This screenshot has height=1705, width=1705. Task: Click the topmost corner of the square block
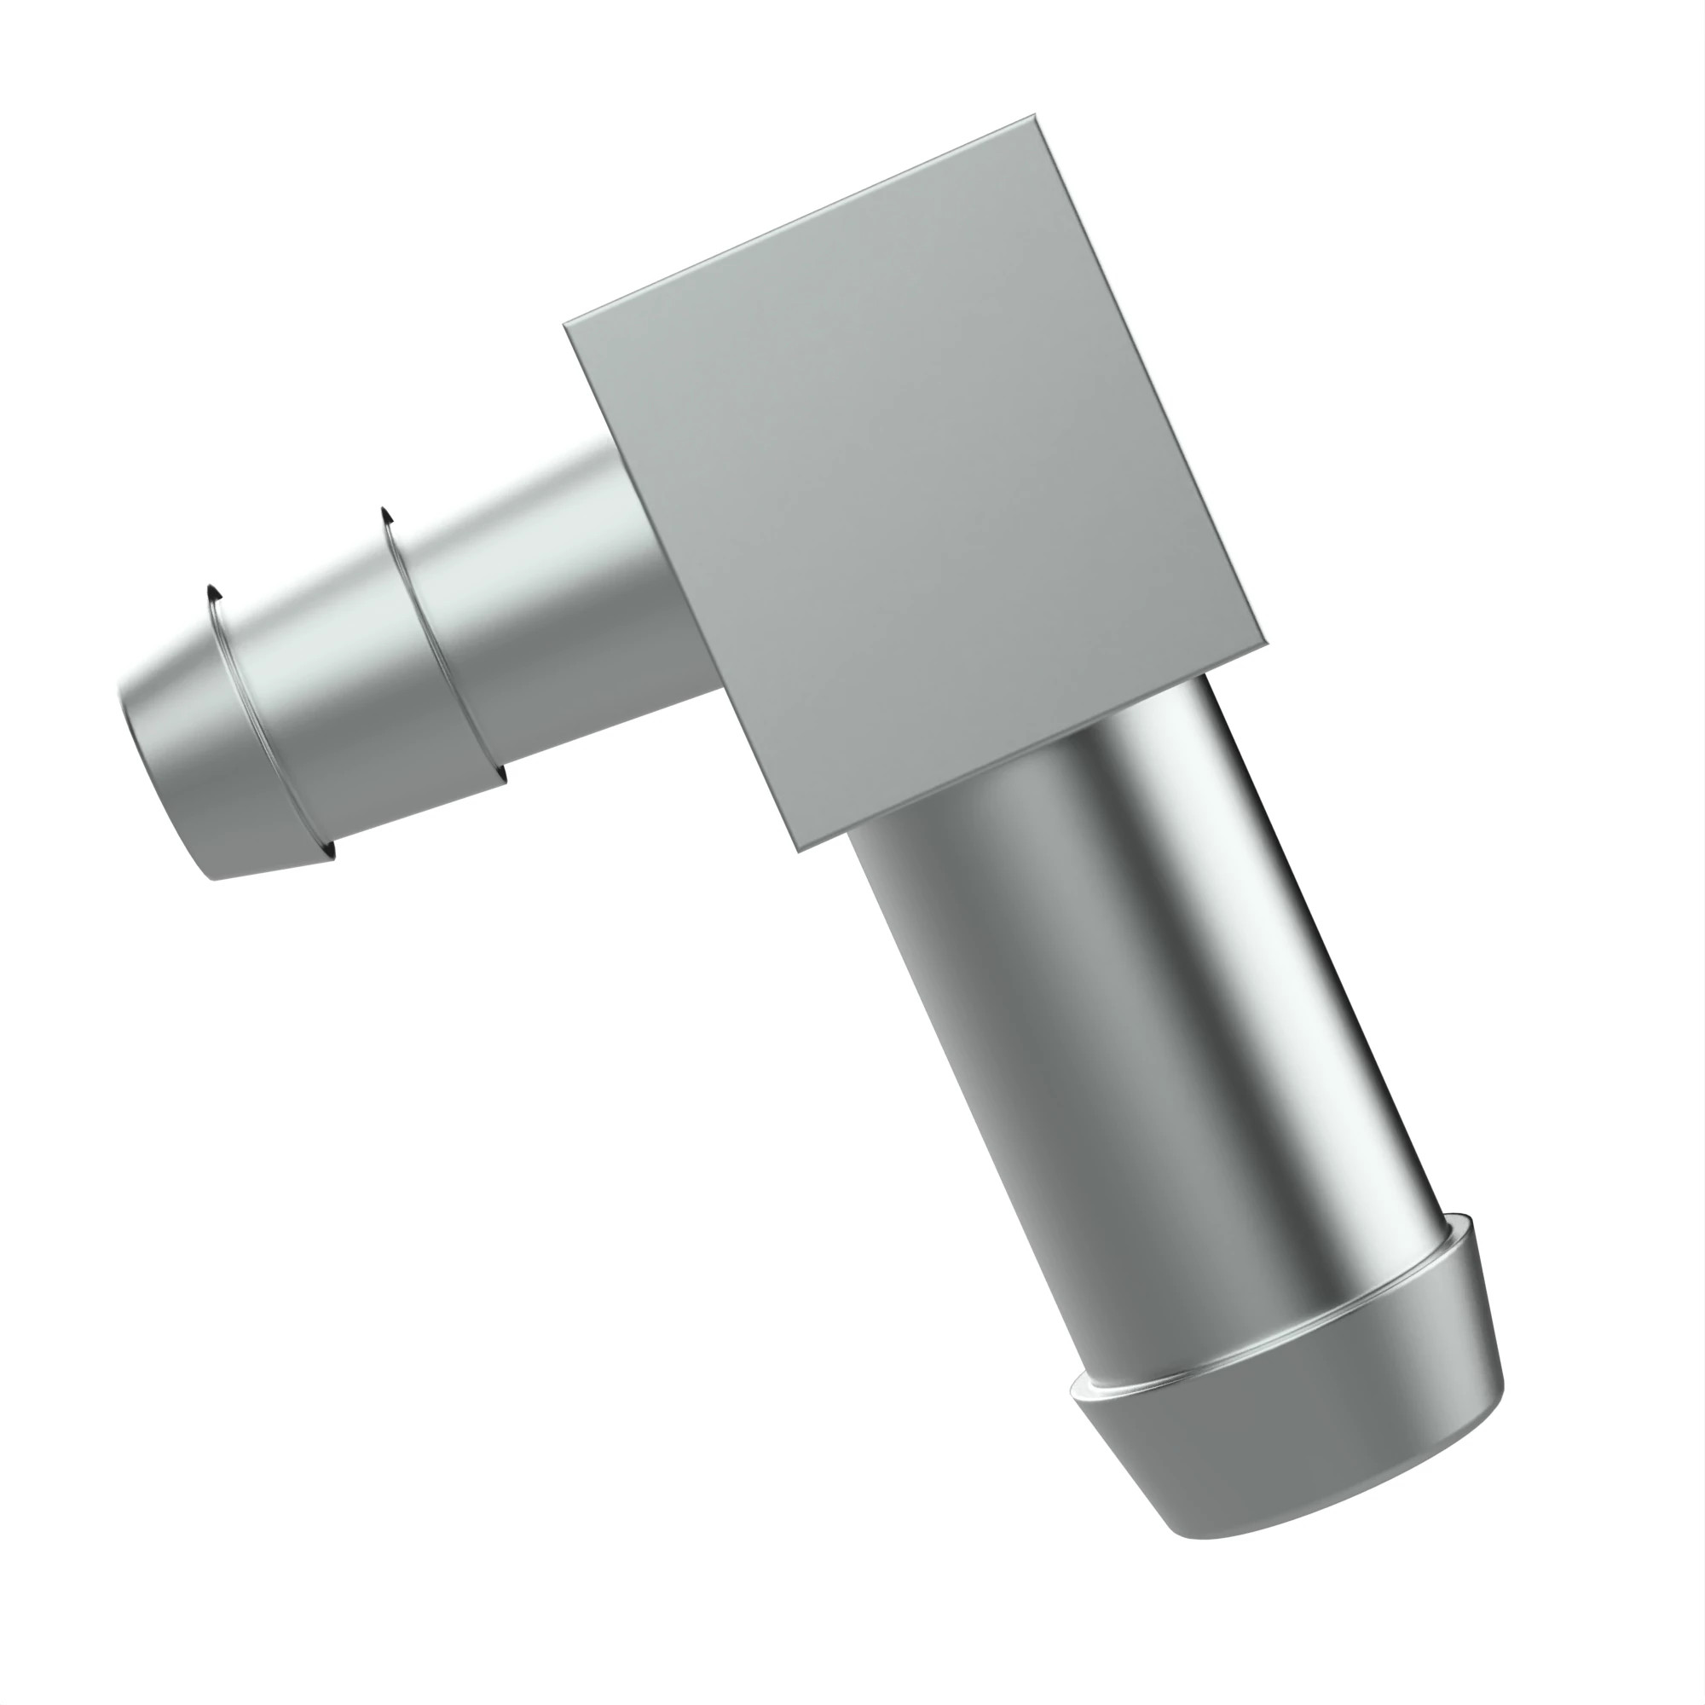(x=1033, y=117)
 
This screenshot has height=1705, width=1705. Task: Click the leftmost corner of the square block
(x=566, y=325)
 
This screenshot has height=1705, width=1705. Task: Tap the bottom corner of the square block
(x=798, y=850)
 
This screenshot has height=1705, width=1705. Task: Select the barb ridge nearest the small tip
(x=265, y=724)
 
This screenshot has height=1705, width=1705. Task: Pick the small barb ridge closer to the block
(x=442, y=644)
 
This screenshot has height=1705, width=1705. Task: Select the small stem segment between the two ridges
(x=353, y=697)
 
